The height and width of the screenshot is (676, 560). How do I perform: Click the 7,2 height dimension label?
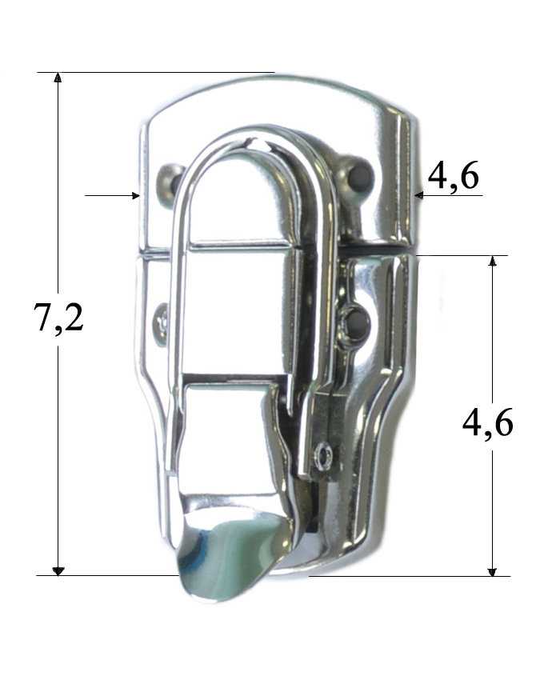(58, 318)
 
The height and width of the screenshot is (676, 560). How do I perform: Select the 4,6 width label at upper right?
(453, 175)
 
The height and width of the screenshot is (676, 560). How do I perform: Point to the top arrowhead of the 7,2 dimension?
(58, 77)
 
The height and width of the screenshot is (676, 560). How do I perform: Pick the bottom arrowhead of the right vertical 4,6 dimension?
(492, 571)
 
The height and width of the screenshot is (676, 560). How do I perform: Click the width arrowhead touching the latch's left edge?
(135, 195)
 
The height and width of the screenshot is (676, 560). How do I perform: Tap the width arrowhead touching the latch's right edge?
(419, 195)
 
